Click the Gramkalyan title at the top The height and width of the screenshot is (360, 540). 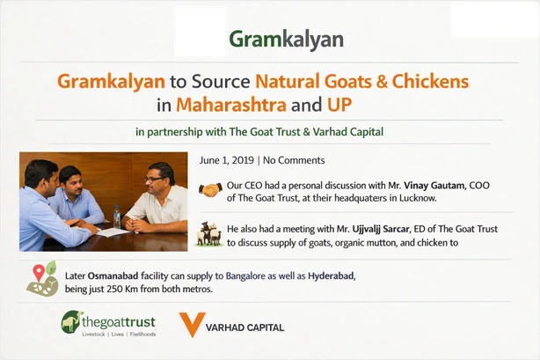pos(286,40)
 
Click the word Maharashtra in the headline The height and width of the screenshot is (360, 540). pos(231,105)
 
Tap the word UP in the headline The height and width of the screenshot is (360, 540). pos(339,105)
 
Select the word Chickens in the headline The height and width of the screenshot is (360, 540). pos(430,81)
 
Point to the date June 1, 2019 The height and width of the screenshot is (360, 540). pos(227,160)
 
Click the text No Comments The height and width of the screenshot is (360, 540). pos(294,160)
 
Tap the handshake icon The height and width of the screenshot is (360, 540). pos(210,190)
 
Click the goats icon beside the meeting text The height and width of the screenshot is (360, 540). pos(208,234)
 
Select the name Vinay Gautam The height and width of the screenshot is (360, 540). pos(434,186)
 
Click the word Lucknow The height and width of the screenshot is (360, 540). pos(418,198)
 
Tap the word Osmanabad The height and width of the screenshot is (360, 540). pos(113,276)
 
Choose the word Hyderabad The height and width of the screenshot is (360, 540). pos(331,276)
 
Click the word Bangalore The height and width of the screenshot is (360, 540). pos(245,276)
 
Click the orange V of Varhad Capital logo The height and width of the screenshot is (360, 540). pos(193,324)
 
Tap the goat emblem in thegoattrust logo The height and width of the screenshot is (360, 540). pos(71,322)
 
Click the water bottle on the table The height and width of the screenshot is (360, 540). pos(117,217)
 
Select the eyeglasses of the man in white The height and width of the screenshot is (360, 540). pos(153,180)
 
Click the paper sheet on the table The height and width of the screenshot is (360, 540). pos(113,232)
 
